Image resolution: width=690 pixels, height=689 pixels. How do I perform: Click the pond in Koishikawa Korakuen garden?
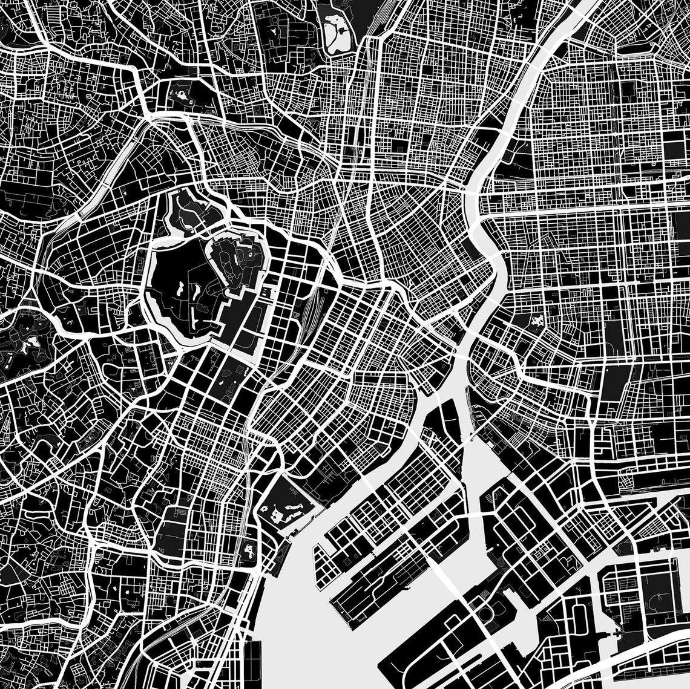tap(180, 95)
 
